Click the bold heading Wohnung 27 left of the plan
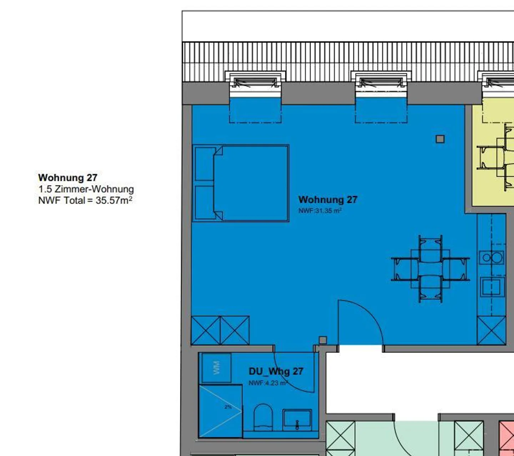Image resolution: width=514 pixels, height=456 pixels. [x=68, y=178]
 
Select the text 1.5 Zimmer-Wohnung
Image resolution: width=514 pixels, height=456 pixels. [x=86, y=189]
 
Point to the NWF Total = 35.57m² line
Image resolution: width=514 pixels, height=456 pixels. [x=85, y=200]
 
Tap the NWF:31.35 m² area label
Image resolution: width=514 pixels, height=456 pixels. [x=320, y=211]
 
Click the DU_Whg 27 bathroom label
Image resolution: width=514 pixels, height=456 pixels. [x=276, y=371]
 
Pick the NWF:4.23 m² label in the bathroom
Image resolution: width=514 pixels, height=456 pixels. [x=268, y=383]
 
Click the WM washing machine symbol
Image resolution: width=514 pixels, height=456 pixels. [x=216, y=368]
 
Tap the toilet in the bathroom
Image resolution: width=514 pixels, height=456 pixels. [x=263, y=417]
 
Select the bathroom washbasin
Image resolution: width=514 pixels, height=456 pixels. [x=297, y=420]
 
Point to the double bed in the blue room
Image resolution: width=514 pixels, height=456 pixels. [x=241, y=183]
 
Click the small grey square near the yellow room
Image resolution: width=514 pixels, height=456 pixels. [x=440, y=139]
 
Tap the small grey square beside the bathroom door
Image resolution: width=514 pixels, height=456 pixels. [x=323, y=340]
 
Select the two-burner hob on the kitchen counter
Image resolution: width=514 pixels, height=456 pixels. [x=492, y=257]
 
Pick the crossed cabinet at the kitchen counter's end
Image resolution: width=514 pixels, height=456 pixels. [x=492, y=331]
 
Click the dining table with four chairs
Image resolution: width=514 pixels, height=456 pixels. [x=430, y=269]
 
